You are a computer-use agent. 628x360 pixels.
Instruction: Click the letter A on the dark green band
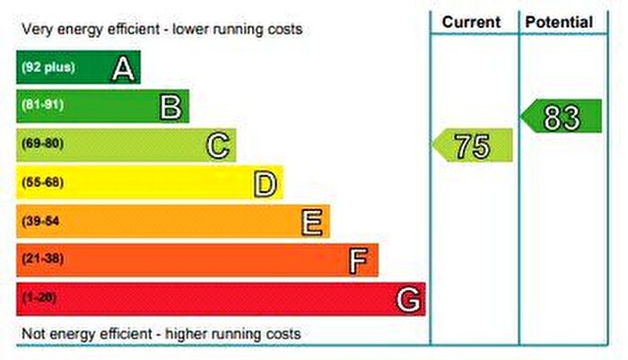124,68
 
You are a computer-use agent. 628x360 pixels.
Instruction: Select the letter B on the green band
171,107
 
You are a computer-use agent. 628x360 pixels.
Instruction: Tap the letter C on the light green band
218,145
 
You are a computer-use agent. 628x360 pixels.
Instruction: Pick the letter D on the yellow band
265,183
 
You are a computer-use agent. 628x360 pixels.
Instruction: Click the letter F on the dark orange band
359,260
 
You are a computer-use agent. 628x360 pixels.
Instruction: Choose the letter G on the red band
408,299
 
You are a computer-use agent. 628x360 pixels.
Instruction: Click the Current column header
472,22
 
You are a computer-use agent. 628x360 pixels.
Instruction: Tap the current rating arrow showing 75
474,145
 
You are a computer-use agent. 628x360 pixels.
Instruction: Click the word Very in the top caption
37,30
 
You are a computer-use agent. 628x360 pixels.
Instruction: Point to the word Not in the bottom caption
32,335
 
